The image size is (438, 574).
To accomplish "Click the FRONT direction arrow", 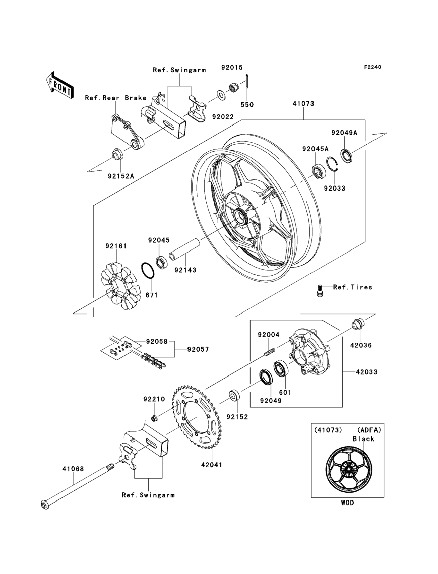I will coord(60,85).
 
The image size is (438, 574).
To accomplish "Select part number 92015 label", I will coord(232,68).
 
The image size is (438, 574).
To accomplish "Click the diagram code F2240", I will coord(372,67).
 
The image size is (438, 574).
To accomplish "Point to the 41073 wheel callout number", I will coord(303,104).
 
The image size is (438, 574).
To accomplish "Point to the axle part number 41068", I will coord(73,469).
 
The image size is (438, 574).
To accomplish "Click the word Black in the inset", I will coord(363,439).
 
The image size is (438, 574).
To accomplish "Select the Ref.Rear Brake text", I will coord(116,98).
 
